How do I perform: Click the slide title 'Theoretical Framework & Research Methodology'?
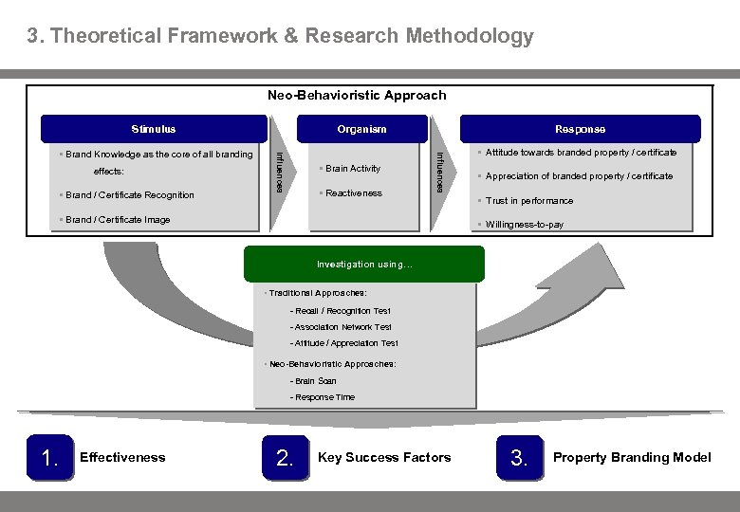(280, 37)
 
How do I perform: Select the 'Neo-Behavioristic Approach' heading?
(357, 95)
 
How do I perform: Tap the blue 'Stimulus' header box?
(153, 129)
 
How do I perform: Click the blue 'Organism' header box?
(361, 129)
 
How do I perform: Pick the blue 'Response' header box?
(580, 129)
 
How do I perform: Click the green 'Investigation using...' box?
(364, 265)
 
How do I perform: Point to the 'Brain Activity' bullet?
(352, 169)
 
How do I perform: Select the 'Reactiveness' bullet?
(353, 193)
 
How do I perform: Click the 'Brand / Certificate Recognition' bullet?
(129, 195)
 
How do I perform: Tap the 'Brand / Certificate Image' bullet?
(118, 220)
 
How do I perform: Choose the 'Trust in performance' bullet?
(528, 201)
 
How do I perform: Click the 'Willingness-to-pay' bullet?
(524, 225)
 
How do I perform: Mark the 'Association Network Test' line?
(342, 327)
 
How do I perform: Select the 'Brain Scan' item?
(314, 381)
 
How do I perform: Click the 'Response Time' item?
(324, 397)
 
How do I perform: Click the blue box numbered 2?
(284, 458)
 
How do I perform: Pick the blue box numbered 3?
(518, 458)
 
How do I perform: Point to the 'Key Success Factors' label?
(384, 458)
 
